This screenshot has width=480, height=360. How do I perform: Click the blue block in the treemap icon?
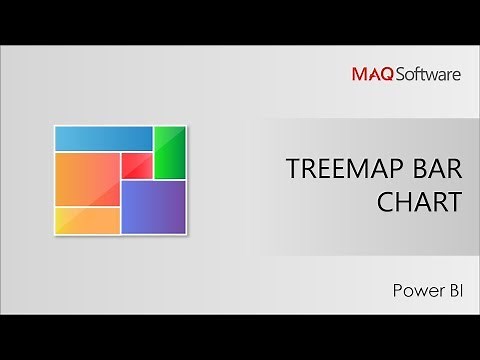pyautogui.click(x=102, y=138)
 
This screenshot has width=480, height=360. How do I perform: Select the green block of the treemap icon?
pyautogui.click(x=170, y=151)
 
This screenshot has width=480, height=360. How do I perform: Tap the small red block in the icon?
pyautogui.click(x=136, y=166)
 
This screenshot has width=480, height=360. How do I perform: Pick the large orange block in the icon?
pyautogui.click(x=87, y=178)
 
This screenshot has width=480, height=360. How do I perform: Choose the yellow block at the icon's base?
pyautogui.click(x=87, y=219)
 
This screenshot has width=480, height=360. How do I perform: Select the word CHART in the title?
pyautogui.click(x=419, y=202)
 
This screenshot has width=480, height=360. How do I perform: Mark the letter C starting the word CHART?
pyautogui.click(x=385, y=202)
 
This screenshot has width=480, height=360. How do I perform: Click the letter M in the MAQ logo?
pyautogui.click(x=358, y=72)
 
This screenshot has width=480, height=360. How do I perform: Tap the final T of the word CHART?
pyautogui.click(x=455, y=202)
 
